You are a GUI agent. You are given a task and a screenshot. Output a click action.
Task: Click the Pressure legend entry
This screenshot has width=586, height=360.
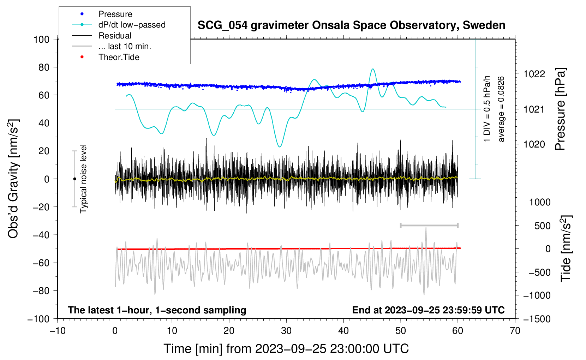point(102,14)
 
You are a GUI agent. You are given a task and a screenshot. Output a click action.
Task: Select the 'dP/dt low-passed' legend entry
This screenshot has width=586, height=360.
point(119,25)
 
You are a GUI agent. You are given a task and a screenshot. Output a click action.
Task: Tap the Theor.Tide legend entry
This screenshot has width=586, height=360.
point(106,57)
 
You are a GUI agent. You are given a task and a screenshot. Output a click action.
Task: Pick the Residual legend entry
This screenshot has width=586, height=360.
point(102,36)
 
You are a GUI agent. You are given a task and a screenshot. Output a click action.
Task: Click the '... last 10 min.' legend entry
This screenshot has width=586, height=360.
point(112,46)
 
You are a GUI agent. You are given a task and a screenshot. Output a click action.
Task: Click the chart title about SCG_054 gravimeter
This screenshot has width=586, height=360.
point(351,25)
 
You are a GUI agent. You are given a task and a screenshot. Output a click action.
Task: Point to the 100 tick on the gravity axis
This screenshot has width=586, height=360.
point(42,40)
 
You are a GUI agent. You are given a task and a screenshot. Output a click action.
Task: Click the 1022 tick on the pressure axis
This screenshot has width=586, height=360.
point(534,74)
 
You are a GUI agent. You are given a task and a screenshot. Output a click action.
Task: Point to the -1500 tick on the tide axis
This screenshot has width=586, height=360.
point(537,319)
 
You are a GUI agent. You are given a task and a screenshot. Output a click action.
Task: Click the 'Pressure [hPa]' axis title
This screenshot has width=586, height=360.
point(560,109)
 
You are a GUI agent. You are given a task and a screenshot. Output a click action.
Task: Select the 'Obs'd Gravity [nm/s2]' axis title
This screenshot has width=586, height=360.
point(13,179)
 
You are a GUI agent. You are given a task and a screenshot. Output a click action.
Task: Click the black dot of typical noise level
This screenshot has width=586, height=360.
point(74,179)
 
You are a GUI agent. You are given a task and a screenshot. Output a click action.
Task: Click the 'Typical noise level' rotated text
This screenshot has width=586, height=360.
point(83,179)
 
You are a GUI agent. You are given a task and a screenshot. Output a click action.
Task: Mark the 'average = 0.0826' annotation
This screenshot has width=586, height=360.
point(501,109)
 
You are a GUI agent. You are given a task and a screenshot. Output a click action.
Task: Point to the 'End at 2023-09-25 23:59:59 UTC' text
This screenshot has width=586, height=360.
point(428,310)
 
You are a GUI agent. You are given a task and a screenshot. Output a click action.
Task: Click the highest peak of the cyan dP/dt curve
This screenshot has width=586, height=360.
point(373,69)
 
